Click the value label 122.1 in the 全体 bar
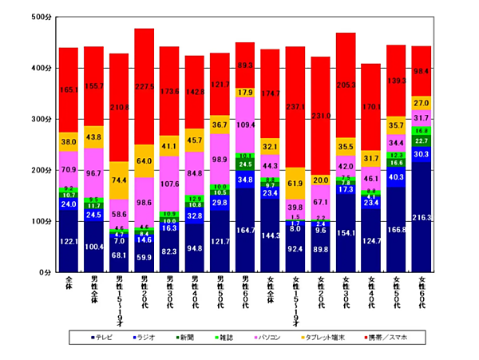(68, 241)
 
